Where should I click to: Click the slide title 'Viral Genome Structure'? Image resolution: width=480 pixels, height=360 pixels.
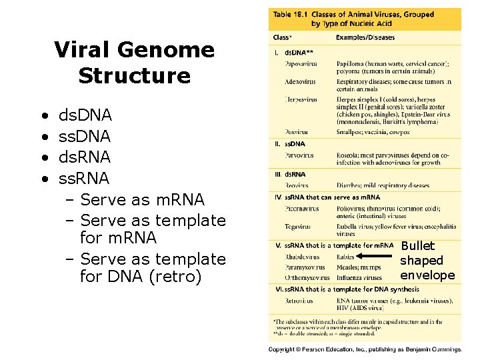coord(134,63)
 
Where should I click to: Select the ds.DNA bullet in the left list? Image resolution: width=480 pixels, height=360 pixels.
coord(85,117)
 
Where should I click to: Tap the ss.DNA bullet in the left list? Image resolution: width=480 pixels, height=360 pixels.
coord(85,137)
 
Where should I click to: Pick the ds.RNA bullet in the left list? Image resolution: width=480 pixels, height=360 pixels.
coord(85,158)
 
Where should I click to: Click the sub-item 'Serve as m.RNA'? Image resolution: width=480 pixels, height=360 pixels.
coord(142,199)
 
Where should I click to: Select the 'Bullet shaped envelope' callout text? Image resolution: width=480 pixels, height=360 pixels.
coord(427,261)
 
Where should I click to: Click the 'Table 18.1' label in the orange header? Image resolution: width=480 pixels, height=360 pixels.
coord(291,15)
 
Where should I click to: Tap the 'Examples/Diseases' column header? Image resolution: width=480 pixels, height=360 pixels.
coord(365,37)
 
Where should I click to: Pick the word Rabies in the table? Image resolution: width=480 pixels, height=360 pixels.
coord(346,257)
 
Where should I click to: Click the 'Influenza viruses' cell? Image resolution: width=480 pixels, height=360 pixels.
coord(359,277)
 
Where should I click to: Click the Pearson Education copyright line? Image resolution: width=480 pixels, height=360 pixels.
coord(365,349)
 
